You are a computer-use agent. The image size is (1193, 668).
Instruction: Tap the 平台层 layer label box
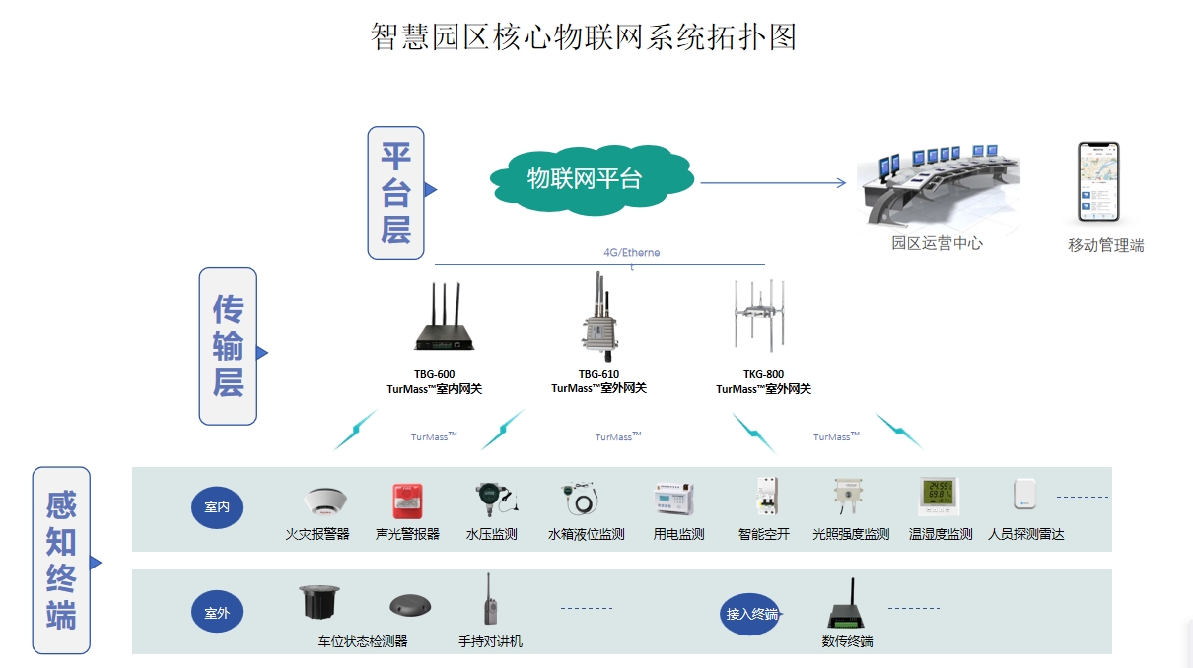pyautogui.click(x=396, y=193)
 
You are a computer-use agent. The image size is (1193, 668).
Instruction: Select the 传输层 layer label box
pyautogui.click(x=228, y=346)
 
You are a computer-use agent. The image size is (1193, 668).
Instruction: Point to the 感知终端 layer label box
pyautogui.click(x=61, y=560)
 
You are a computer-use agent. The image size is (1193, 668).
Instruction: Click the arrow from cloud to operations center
pyautogui.click(x=773, y=182)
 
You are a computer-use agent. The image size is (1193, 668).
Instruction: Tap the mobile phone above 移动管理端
pyautogui.click(x=1097, y=183)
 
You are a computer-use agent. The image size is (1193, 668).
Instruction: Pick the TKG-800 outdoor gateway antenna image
pyautogui.click(x=763, y=317)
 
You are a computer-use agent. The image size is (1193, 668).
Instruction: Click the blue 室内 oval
pyautogui.click(x=217, y=507)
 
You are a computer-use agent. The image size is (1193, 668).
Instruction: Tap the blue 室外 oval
pyautogui.click(x=217, y=613)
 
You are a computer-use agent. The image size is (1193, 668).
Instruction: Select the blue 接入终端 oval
pyautogui.click(x=751, y=614)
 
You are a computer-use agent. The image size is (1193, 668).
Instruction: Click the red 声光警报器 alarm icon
pyautogui.click(x=407, y=501)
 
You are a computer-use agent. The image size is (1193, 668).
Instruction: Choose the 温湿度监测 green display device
pyautogui.click(x=940, y=496)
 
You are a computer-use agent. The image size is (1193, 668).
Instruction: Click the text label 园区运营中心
pyautogui.click(x=937, y=242)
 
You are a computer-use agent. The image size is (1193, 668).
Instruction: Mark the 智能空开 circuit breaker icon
pyautogui.click(x=765, y=497)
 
